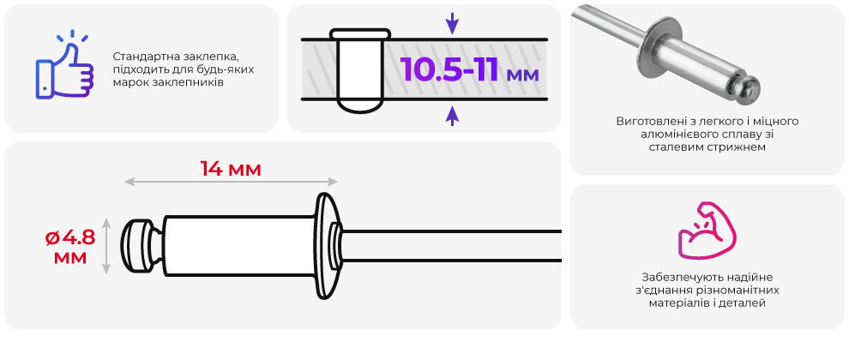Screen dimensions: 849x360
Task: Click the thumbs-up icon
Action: click(x=64, y=67)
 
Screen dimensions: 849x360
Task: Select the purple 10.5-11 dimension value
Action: click(x=449, y=69)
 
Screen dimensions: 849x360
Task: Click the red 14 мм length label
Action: click(x=231, y=169)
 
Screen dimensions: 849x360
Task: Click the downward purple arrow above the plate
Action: click(x=452, y=24)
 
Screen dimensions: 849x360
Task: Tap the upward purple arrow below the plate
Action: click(x=452, y=116)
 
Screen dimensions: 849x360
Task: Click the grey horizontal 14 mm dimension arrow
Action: click(x=232, y=182)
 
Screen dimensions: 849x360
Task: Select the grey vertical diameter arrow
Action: click(x=106, y=246)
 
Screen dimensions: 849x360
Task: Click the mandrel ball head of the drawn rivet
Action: click(x=139, y=246)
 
